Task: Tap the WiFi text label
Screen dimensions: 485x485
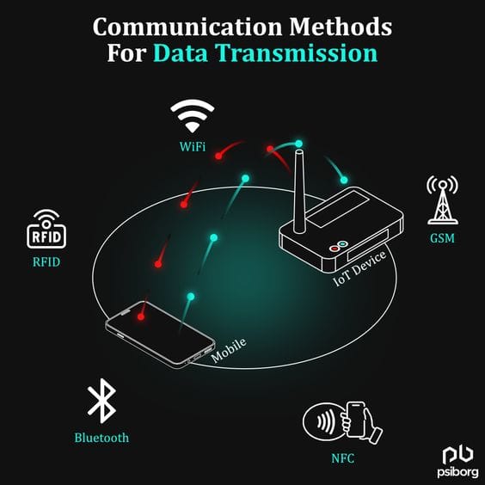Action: coord(193,146)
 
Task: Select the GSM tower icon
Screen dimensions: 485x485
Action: coord(443,200)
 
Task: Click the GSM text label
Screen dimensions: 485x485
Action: coord(442,238)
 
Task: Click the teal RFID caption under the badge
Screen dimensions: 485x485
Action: coord(46,262)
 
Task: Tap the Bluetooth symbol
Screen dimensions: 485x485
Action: coord(102,401)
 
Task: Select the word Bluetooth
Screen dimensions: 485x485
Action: coord(101,438)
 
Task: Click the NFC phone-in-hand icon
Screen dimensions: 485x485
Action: coord(343,423)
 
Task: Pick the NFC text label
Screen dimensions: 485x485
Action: coord(343,458)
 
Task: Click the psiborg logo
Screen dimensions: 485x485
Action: coord(457,462)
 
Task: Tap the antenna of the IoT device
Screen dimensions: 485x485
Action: coord(299,191)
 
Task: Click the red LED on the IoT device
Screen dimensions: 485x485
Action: coord(334,249)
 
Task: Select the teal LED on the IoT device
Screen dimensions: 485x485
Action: coord(342,244)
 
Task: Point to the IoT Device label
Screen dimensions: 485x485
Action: coord(360,268)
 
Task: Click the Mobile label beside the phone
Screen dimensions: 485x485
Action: coord(229,351)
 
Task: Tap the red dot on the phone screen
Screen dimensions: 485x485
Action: coord(141,316)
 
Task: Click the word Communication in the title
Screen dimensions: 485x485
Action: coord(187,28)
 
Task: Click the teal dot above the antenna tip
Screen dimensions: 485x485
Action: coord(298,144)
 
